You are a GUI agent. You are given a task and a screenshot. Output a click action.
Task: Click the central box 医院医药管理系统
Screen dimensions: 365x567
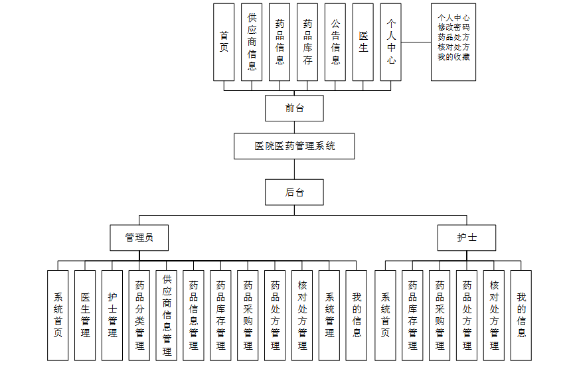click(294, 146)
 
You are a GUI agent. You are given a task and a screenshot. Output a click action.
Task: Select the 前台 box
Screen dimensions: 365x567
click(294, 108)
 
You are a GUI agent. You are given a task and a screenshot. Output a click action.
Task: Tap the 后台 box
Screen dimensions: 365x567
click(294, 192)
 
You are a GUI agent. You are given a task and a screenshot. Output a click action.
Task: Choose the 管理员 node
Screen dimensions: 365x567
click(139, 237)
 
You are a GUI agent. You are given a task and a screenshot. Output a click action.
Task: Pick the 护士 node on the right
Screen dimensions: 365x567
click(466, 237)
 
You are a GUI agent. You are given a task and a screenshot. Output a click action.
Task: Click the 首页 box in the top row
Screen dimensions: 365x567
click(224, 42)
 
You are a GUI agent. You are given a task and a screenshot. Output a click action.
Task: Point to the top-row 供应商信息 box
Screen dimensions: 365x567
click(252, 42)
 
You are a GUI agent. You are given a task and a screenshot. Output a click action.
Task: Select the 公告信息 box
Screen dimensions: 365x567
click(335, 42)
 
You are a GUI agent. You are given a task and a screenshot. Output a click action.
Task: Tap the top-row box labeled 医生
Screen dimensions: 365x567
click(363, 42)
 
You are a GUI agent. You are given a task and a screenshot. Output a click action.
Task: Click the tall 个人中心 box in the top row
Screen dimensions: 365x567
click(391, 42)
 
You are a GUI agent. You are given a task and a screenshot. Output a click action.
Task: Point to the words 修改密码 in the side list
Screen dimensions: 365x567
click(453, 27)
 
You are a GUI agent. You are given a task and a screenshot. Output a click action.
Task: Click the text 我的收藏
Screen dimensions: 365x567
click(453, 57)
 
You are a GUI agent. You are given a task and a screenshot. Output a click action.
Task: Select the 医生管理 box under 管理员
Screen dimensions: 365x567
click(85, 315)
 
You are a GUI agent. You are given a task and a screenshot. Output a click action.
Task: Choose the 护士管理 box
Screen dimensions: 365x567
click(112, 315)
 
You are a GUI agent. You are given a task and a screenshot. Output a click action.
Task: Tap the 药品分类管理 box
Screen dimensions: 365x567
click(139, 315)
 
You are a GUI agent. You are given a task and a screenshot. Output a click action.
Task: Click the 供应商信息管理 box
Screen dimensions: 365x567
click(167, 315)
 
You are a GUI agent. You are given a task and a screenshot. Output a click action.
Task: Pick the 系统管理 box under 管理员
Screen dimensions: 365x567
click(329, 315)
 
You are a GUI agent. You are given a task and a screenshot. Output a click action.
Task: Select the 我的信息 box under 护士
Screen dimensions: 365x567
click(521, 315)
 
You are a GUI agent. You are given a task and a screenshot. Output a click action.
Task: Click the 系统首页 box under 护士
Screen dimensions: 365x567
click(385, 315)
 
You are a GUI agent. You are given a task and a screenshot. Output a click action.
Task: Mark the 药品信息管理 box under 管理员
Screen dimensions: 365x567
click(193, 315)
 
